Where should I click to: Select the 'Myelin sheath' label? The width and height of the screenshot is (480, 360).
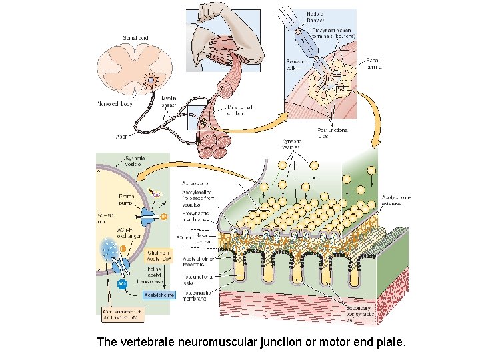pyautogui.click(x=169, y=101)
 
